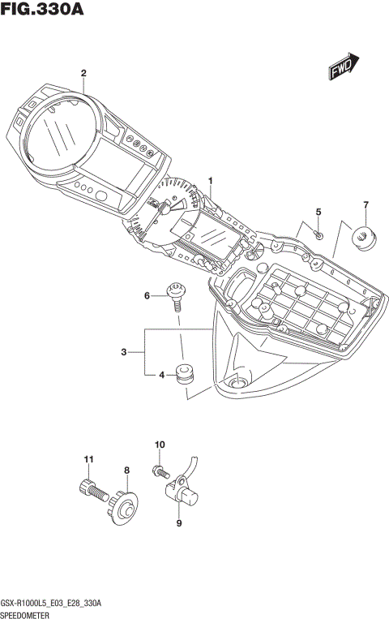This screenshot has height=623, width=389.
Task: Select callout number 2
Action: (x=83, y=73)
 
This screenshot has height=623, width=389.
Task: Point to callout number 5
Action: (x=318, y=212)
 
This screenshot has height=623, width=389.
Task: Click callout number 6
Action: (x=147, y=296)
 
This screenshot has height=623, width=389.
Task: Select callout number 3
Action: (x=123, y=351)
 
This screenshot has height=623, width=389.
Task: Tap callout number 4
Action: (x=162, y=375)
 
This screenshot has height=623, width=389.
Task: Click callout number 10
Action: (x=160, y=445)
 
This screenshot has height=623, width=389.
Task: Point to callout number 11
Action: (x=88, y=460)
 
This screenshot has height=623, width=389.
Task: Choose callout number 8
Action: (x=126, y=470)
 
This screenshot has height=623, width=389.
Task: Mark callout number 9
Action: (x=179, y=523)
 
